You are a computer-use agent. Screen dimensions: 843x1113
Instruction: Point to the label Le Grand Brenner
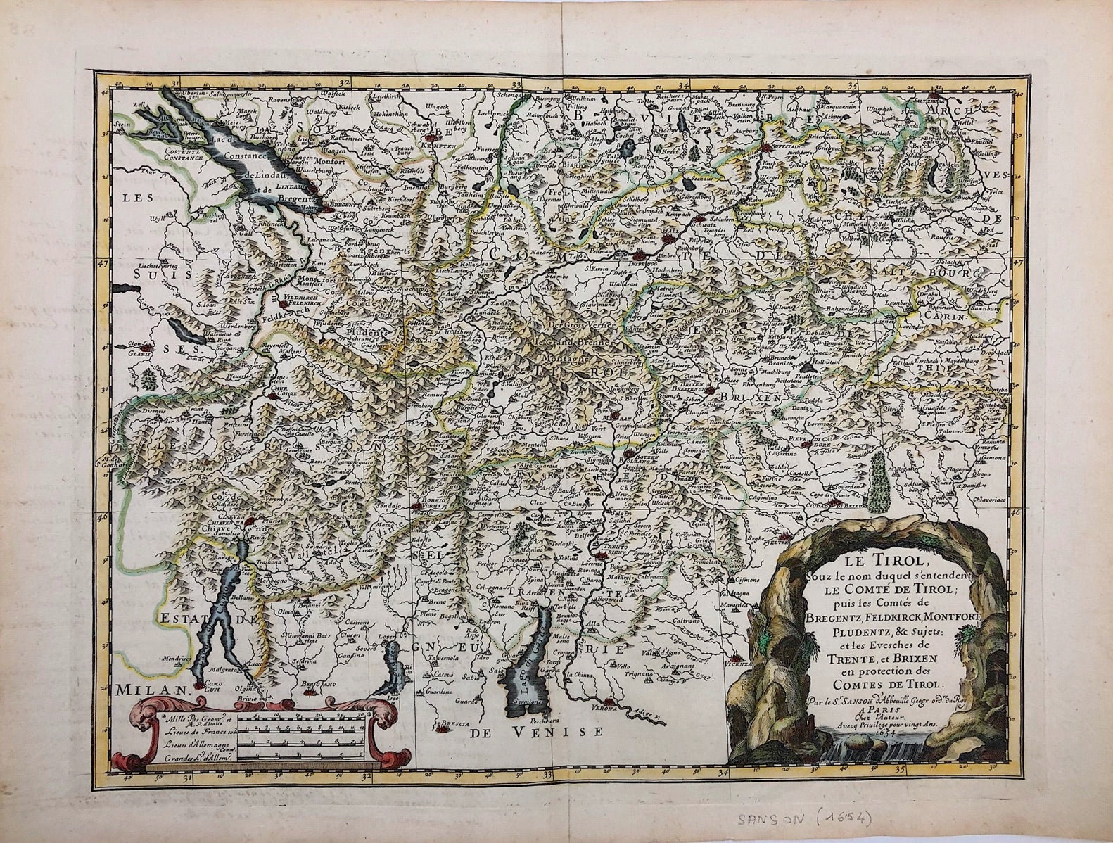[566, 343]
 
